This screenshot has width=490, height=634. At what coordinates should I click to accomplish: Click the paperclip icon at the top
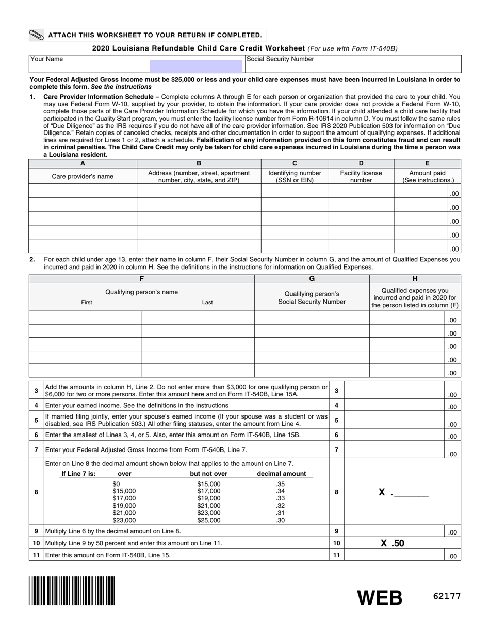[37, 35]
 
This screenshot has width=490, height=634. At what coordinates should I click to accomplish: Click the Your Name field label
[47, 59]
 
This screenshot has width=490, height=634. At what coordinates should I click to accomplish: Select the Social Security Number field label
[280, 59]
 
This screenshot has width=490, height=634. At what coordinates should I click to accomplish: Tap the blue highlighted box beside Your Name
[196, 65]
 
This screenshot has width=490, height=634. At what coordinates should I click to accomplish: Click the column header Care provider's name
[83, 177]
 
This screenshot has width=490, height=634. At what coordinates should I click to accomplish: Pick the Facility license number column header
[361, 177]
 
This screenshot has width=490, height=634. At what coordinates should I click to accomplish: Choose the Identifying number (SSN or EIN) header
[295, 177]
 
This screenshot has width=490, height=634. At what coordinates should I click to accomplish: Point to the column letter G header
[312, 279]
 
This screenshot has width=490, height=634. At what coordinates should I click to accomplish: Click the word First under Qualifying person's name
[87, 303]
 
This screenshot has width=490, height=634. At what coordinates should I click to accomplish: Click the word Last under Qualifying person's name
[207, 303]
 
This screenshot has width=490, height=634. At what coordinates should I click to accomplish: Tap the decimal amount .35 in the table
[281, 484]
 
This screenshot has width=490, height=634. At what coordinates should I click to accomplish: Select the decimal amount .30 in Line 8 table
[281, 521]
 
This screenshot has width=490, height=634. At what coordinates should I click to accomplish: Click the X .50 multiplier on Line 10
[392, 543]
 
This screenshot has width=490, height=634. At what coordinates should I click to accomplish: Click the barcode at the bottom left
[72, 590]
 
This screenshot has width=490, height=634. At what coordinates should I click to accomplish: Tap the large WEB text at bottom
[380, 597]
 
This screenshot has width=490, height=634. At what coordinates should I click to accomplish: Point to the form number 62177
[447, 596]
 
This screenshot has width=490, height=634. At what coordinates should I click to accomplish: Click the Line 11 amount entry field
[394, 555]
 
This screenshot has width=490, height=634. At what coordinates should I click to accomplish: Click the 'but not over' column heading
[208, 474]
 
